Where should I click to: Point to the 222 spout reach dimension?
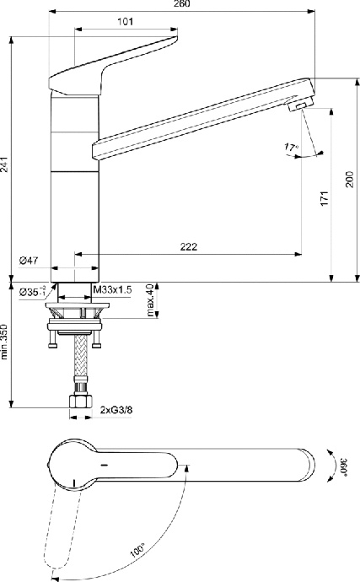[190, 246]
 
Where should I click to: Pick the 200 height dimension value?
[350, 179]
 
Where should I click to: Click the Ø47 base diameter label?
[31, 261]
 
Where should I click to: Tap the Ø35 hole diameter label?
[33, 291]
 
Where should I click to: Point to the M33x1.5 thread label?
[113, 290]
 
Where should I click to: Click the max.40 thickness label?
[150, 301]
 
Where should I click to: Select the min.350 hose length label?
[6, 343]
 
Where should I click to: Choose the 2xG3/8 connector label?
[117, 410]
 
